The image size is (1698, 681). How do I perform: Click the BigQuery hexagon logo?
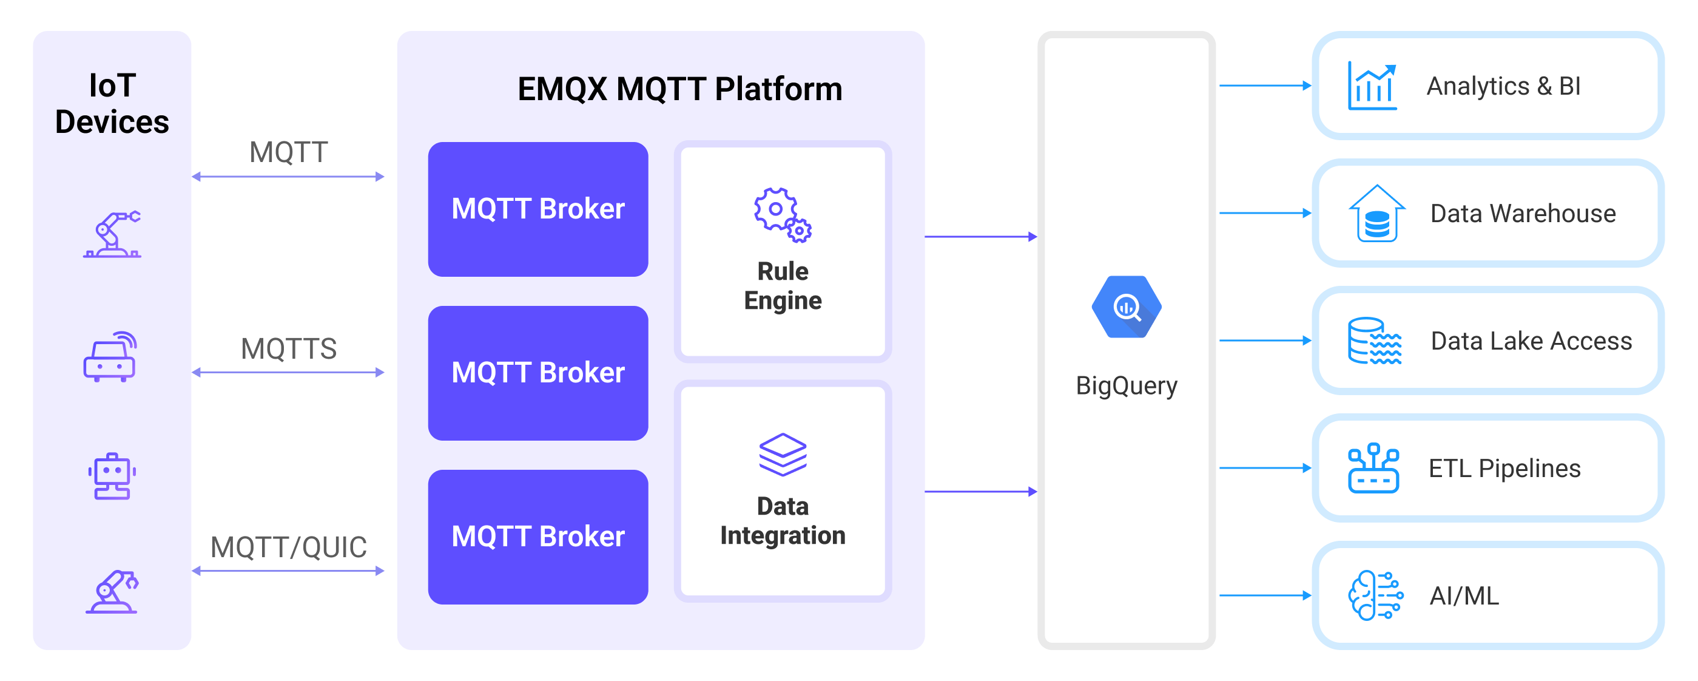click(x=1126, y=307)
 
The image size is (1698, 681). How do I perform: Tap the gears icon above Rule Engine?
click(x=783, y=215)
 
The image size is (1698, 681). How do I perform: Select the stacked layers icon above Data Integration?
click(x=783, y=455)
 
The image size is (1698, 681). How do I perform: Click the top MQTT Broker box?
click(x=538, y=209)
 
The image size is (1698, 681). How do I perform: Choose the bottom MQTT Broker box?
click(x=538, y=537)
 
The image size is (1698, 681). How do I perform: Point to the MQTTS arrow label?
click(x=289, y=349)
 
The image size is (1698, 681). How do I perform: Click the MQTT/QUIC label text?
click(x=289, y=547)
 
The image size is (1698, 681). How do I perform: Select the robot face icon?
click(x=112, y=476)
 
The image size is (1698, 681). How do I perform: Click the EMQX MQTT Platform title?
click(x=679, y=89)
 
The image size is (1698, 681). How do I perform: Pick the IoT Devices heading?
click(x=112, y=104)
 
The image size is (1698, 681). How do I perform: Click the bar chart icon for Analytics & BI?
click(x=1372, y=86)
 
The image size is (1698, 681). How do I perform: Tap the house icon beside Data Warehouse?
click(x=1376, y=214)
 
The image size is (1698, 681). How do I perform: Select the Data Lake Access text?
click(x=1531, y=341)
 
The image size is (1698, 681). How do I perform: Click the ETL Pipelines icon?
click(x=1373, y=468)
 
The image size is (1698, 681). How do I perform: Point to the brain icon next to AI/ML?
click(x=1374, y=595)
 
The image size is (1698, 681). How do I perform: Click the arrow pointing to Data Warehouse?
click(x=1264, y=213)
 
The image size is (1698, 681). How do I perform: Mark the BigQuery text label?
click(x=1126, y=385)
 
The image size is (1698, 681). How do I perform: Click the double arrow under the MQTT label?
click(x=288, y=177)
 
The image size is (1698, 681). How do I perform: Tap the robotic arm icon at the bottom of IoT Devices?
click(x=112, y=591)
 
